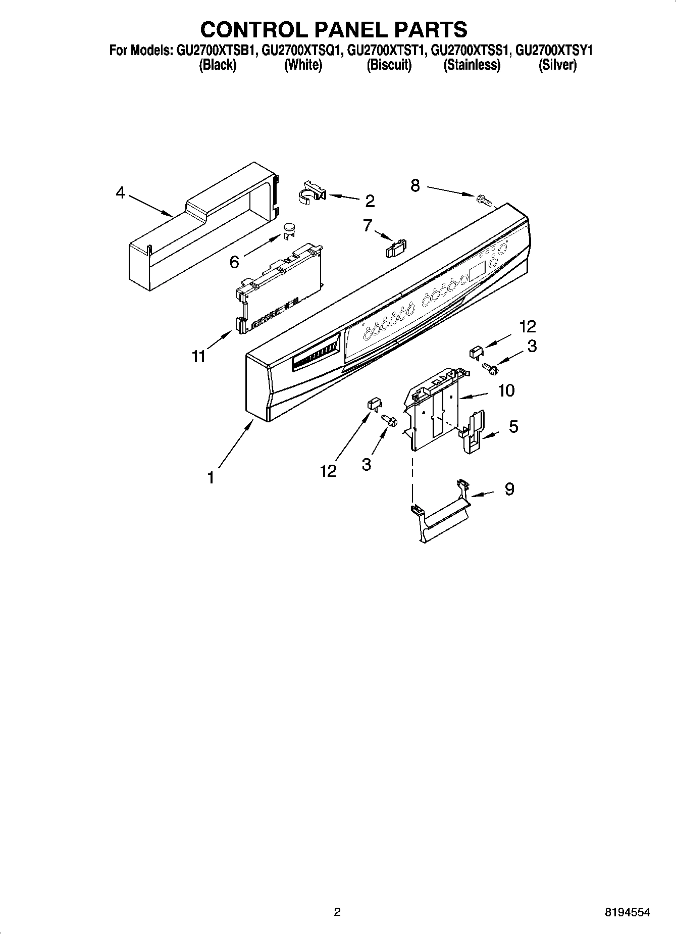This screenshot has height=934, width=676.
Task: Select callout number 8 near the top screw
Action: click(415, 186)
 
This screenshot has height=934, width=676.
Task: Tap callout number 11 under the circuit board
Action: click(199, 356)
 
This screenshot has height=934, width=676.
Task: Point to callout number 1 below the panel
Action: click(211, 477)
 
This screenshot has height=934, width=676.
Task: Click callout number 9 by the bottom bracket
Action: click(509, 489)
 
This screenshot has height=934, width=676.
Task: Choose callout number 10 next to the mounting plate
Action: click(506, 390)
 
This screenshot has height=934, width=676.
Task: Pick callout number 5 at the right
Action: click(513, 427)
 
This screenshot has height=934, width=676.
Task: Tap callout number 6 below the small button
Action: click(234, 262)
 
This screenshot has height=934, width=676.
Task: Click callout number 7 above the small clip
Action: click(368, 225)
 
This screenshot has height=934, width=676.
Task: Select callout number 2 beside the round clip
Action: click(370, 201)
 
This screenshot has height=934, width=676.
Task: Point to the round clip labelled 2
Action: click(311, 192)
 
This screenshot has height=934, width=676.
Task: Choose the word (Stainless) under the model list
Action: click(472, 65)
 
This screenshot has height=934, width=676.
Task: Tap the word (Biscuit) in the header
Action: click(389, 65)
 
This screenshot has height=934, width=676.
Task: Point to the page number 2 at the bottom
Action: click(337, 912)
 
